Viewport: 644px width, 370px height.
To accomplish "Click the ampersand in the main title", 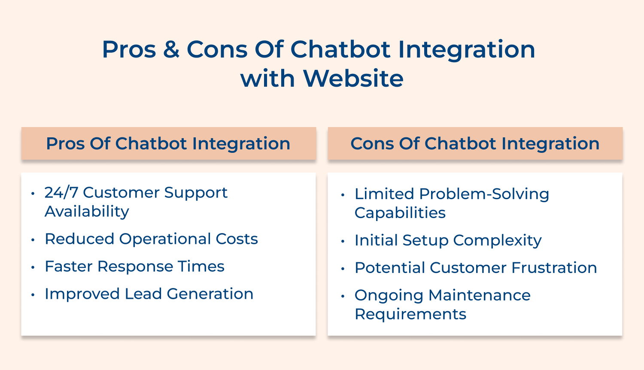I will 171,49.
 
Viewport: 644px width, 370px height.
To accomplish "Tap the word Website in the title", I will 353,79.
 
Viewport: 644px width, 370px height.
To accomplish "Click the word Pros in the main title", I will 129,49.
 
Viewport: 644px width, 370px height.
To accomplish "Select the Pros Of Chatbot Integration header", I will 168,143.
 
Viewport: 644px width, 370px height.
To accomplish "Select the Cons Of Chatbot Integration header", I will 475,143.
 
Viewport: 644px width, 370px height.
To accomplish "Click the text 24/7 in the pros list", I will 61,193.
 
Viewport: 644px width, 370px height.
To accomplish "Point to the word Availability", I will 87,212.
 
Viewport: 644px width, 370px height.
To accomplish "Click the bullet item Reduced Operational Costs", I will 151,239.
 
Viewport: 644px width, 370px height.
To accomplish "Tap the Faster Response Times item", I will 134,267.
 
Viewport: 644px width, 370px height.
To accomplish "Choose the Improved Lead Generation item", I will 149,294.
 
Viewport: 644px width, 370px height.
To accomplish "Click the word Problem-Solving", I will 484,194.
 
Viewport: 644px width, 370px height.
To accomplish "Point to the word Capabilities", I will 400,213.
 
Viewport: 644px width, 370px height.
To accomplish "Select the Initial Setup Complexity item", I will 448,240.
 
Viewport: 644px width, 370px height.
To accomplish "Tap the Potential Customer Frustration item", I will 476,268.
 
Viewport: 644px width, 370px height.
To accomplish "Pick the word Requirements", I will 410,314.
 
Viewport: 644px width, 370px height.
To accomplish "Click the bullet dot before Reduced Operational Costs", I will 33,240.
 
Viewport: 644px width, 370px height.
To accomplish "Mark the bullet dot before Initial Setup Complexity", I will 343,241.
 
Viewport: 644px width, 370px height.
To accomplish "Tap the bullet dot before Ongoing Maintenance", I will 343,296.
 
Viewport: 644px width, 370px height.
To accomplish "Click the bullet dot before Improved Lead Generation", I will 33,295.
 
